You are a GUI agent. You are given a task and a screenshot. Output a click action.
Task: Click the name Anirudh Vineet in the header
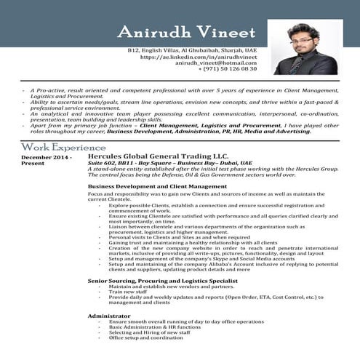tap(186, 33)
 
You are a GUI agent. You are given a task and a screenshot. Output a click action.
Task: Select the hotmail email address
tap(217, 64)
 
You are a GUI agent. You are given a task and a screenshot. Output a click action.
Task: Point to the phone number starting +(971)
tap(228, 71)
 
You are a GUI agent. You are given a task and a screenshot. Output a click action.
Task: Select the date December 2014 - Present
tap(47, 160)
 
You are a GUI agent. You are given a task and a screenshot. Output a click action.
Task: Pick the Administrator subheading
tap(110, 316)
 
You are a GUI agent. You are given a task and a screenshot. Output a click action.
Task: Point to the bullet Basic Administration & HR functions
tap(155, 327)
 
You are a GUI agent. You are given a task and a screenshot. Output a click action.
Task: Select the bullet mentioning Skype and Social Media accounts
tap(191, 259)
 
